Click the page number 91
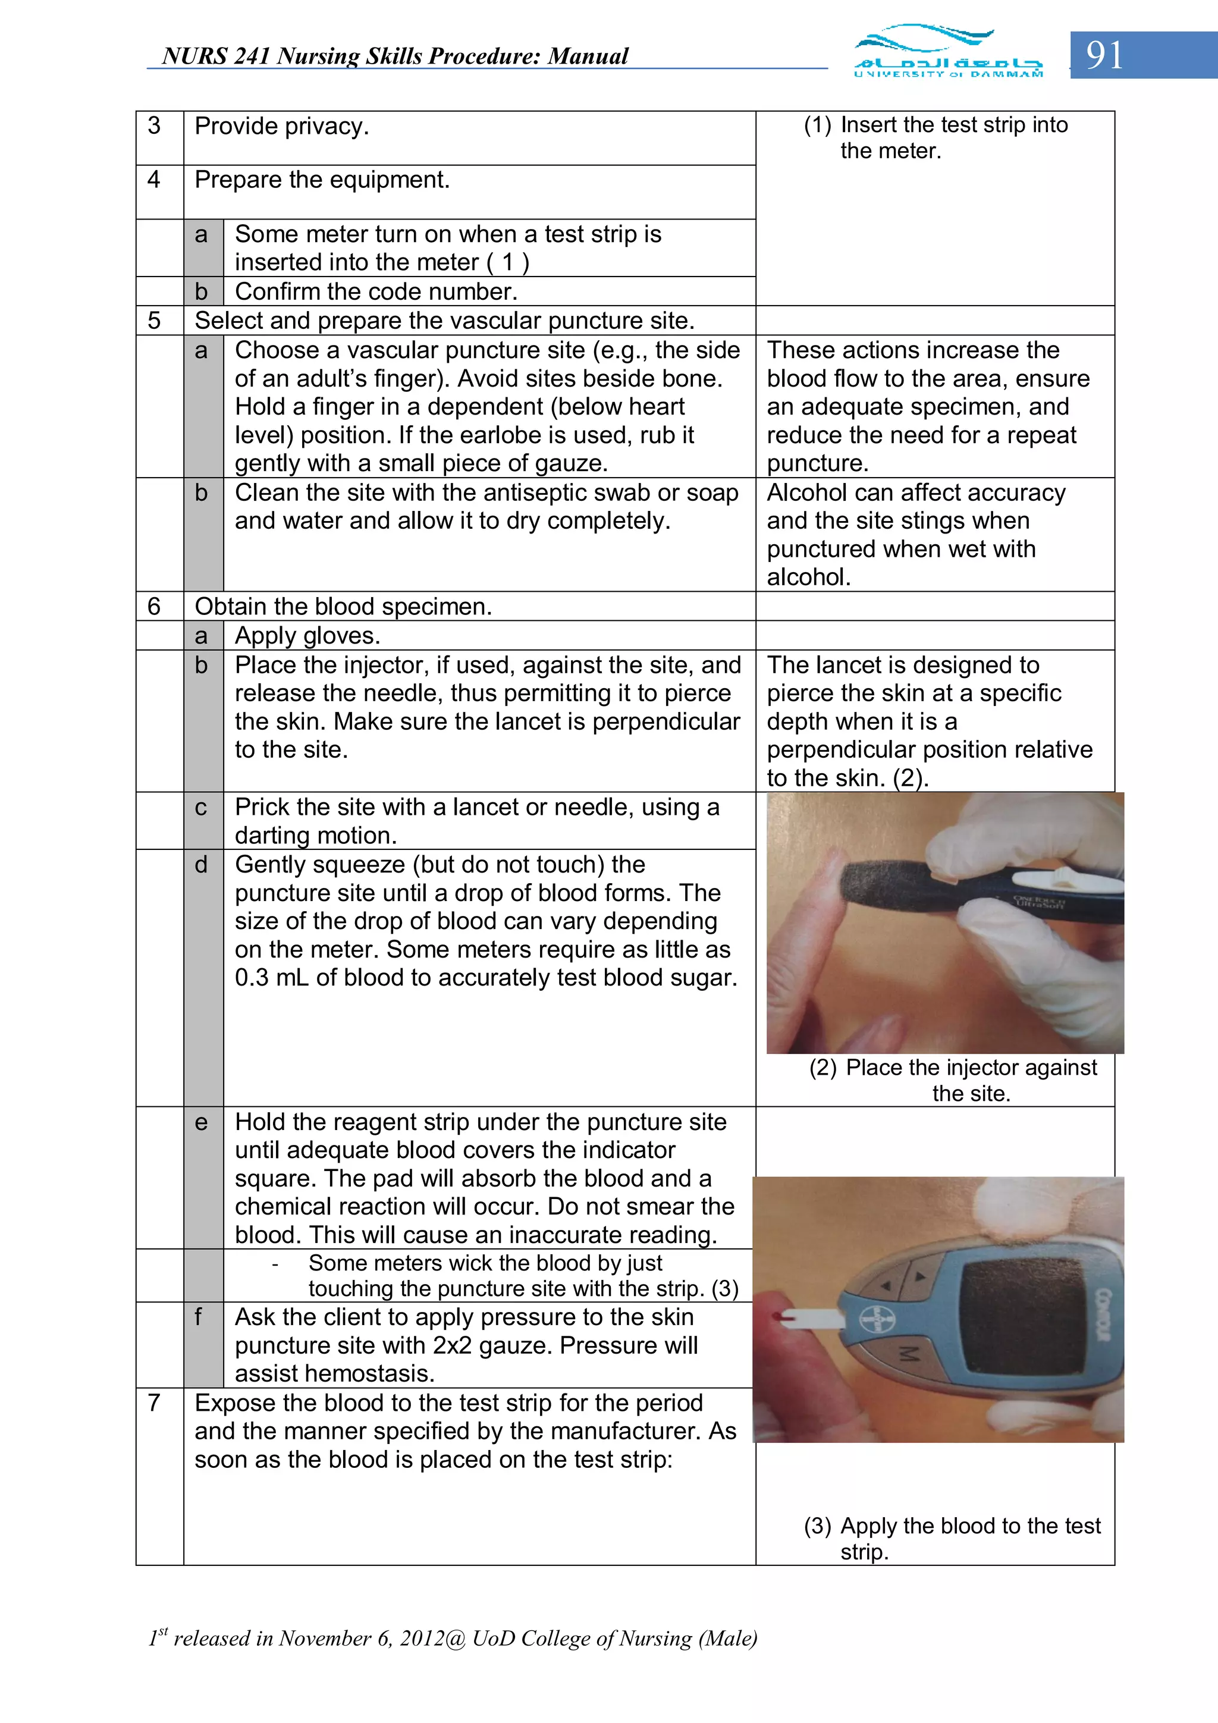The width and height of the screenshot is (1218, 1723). coord(1104,55)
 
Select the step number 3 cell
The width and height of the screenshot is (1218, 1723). coord(155,126)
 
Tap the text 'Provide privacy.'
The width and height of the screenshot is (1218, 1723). coord(281,126)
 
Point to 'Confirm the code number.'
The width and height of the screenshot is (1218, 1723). coord(376,291)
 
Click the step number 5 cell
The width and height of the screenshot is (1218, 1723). coord(155,321)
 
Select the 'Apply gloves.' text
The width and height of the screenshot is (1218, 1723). coord(307,636)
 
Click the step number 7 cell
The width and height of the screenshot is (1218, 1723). coord(155,1402)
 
